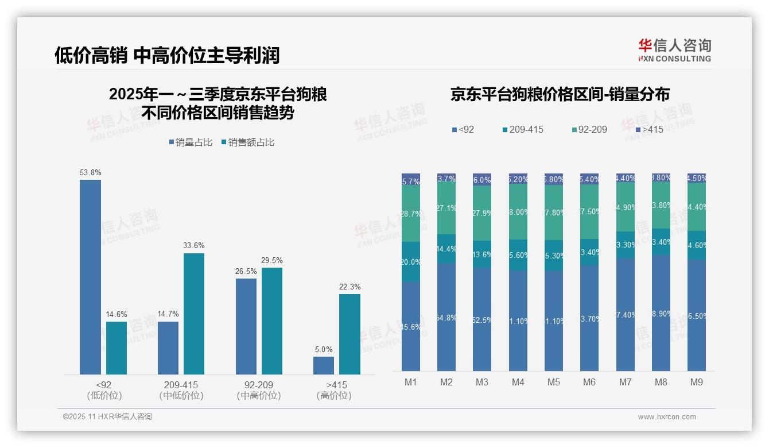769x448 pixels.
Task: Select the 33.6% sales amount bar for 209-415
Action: pos(194,314)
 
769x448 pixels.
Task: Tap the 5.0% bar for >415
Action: pos(324,365)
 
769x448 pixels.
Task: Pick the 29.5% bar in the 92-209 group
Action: pos(272,321)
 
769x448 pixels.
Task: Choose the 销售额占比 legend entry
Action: pos(247,142)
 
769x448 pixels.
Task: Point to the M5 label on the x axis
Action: pos(553,383)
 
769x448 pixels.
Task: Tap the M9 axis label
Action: pos(696,383)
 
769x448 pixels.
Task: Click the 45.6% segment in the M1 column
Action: pos(411,326)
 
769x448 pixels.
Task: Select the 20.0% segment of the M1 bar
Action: pos(411,262)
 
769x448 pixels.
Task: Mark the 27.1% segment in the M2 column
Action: pos(446,208)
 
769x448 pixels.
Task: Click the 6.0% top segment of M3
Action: pos(482,179)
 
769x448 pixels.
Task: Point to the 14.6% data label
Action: pos(116,314)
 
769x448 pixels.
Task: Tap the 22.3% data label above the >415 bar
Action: pos(349,287)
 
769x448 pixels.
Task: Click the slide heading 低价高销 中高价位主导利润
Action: pos(167,55)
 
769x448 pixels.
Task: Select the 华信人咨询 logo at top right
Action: pos(674,50)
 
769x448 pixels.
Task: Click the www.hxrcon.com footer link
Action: pos(667,417)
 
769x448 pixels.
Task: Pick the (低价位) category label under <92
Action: pos(104,396)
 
